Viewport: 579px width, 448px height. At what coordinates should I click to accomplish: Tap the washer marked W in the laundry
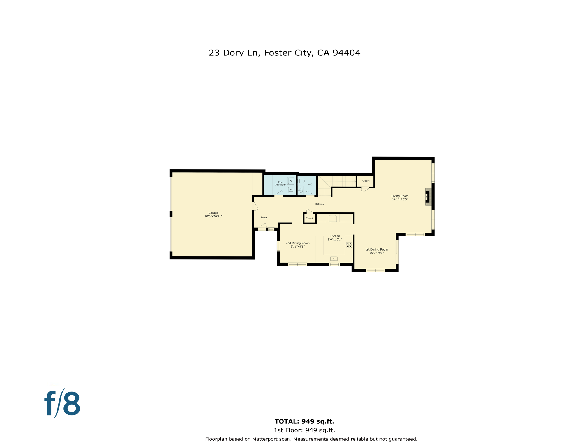290,181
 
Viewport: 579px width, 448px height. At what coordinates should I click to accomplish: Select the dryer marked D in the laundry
290,190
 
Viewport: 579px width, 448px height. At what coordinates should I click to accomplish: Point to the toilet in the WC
301,181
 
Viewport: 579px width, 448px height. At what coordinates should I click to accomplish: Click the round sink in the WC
301,191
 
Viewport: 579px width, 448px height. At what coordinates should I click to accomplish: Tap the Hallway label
319,204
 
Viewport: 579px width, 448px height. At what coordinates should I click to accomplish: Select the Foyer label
264,218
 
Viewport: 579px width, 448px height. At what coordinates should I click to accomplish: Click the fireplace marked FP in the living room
427,197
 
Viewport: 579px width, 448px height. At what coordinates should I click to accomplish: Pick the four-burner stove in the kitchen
349,245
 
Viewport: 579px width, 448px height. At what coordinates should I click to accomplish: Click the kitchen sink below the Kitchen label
334,259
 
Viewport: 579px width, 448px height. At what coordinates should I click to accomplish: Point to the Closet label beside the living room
366,181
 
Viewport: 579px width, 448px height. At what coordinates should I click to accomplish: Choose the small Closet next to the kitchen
309,218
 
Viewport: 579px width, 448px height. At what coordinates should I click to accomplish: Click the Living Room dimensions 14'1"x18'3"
400,199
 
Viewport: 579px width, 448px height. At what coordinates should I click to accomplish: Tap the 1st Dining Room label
376,249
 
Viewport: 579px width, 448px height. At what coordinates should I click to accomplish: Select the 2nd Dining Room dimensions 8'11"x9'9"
297,246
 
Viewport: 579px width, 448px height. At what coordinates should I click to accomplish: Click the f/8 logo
62,404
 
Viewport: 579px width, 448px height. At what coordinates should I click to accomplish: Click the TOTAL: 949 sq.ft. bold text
304,421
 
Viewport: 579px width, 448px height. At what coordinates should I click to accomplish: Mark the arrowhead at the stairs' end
355,181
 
